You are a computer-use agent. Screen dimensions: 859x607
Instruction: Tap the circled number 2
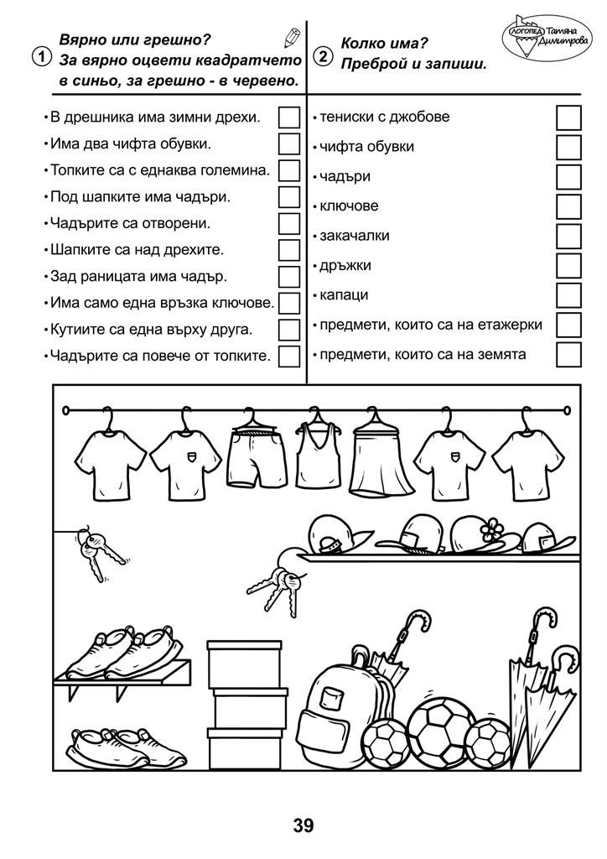(x=322, y=57)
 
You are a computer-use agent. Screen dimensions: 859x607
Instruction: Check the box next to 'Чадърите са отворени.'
(x=289, y=223)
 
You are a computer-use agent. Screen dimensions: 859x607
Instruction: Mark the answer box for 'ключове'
(x=568, y=206)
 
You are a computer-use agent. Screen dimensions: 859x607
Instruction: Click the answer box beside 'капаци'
(x=568, y=295)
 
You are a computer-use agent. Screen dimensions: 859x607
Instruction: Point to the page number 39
(x=303, y=825)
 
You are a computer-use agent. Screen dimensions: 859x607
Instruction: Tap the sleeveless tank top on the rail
(x=316, y=453)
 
